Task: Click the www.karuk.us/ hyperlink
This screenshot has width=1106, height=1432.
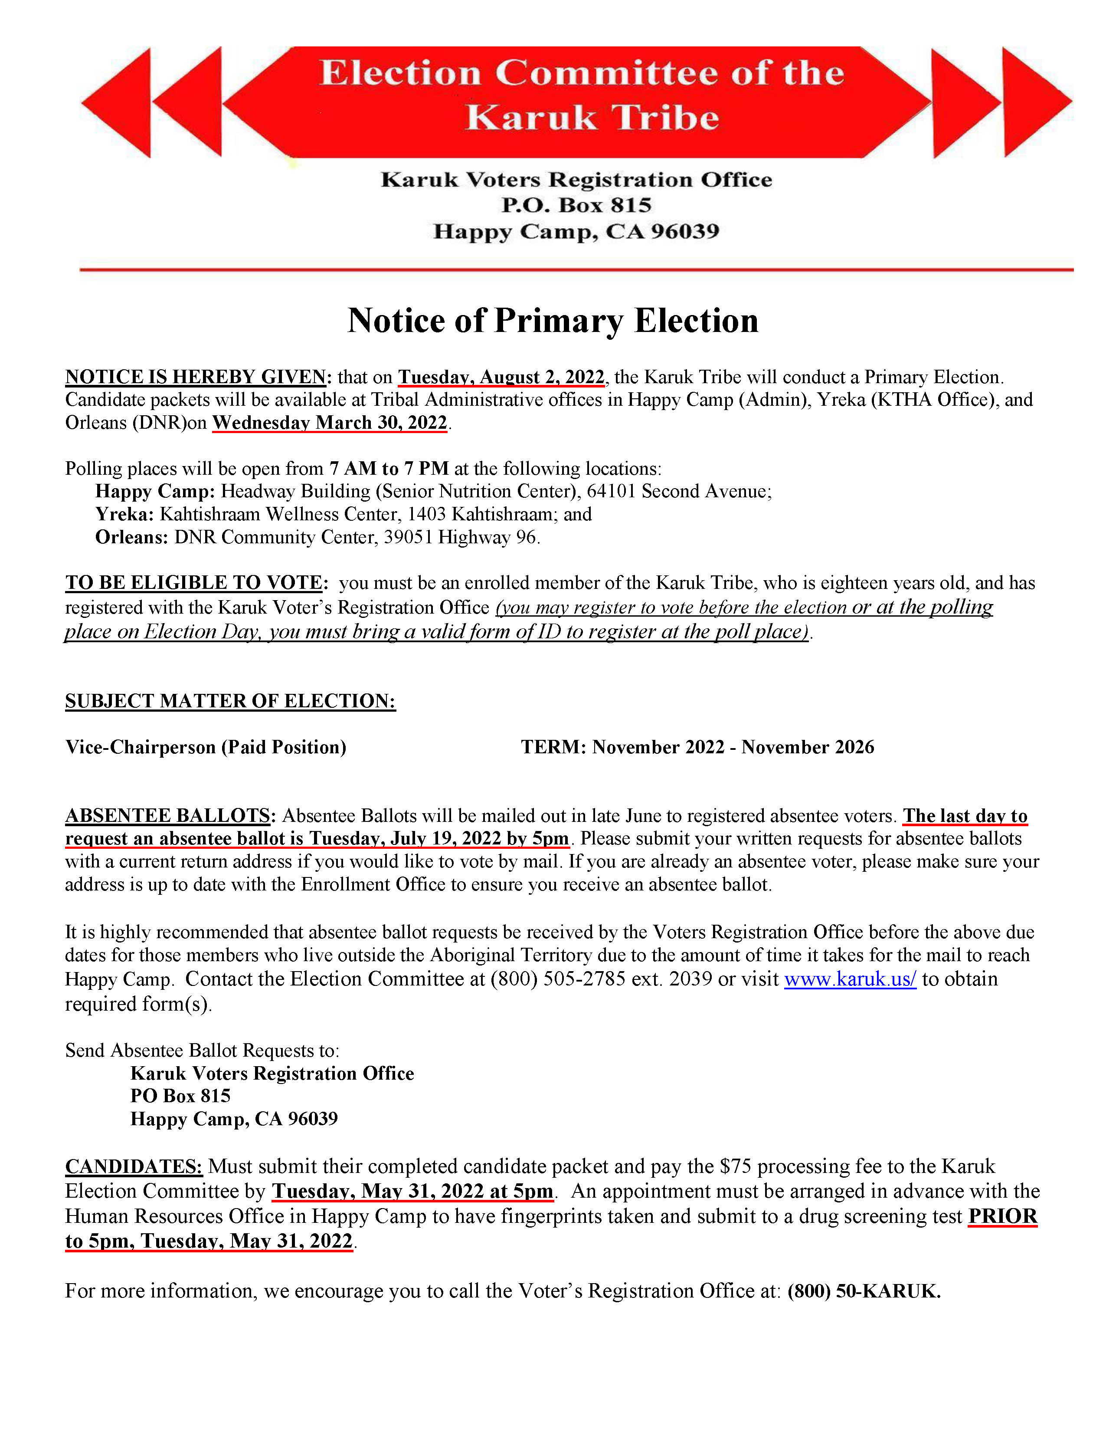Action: [x=850, y=979]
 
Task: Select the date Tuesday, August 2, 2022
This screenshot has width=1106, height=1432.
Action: [x=501, y=377]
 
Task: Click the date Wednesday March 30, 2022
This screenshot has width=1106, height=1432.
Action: [x=330, y=423]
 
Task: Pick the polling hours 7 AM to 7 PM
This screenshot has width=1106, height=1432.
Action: [x=389, y=468]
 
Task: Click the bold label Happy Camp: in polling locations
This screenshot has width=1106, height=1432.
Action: [x=155, y=491]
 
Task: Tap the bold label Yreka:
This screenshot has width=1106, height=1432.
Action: [x=124, y=514]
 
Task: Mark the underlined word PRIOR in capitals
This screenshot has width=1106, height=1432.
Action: [x=1002, y=1216]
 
